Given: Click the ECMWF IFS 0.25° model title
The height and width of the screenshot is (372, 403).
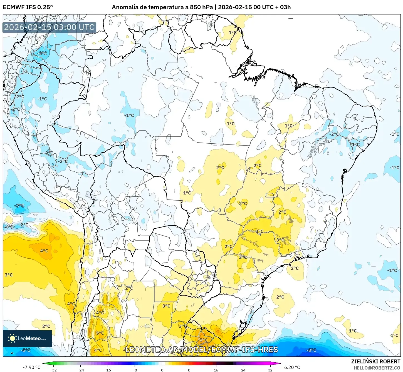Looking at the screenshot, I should click(x=28, y=7).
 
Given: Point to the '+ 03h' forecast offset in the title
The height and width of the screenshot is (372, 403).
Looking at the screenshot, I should click(x=283, y=7).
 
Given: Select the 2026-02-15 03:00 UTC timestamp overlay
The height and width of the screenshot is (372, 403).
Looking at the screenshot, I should click(x=49, y=27).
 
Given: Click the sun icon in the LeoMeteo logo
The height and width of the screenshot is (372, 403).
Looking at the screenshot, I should click(x=12, y=338).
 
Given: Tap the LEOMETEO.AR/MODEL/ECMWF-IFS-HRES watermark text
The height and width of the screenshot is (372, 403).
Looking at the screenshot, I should click(x=202, y=349).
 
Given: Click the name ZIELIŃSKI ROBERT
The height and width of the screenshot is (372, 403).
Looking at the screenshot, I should click(x=375, y=361).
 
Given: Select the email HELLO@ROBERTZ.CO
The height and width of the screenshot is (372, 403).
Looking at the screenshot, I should click(x=377, y=368).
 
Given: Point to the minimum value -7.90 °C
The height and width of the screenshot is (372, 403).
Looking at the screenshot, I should click(x=31, y=367).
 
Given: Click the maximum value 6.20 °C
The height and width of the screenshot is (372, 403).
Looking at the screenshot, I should click(x=292, y=367).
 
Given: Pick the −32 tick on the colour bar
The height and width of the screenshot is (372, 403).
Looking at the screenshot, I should click(x=53, y=370).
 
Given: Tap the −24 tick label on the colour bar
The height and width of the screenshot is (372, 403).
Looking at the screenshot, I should click(x=80, y=370).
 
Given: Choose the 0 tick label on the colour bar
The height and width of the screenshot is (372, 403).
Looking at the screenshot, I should click(x=162, y=370).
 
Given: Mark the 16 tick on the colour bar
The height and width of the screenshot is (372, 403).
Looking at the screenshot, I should click(x=216, y=370).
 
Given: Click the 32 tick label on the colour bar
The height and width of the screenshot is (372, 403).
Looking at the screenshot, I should click(x=270, y=370).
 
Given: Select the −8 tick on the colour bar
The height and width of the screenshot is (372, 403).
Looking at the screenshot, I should click(x=135, y=370).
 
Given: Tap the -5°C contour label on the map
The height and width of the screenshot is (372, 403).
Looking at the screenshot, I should click(x=25, y=350).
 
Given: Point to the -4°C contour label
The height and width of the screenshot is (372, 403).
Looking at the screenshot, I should click(x=9, y=227).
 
